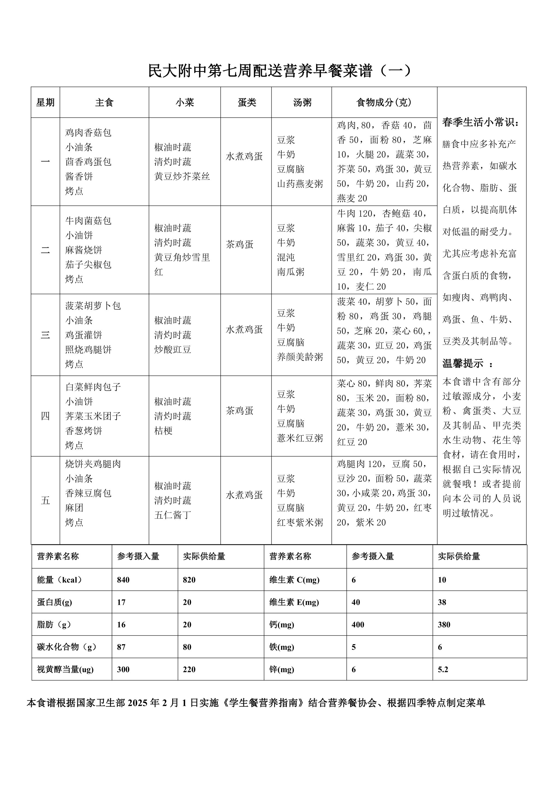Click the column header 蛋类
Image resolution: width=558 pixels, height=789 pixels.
(247, 102)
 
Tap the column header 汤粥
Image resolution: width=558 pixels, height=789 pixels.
(302, 102)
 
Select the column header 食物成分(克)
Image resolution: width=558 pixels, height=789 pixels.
(384, 102)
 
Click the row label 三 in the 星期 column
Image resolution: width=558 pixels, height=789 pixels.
(45, 335)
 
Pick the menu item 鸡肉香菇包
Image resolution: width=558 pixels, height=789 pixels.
(88, 133)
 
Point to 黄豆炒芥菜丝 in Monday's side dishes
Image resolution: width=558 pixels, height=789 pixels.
(182, 176)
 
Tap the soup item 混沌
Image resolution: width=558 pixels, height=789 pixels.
(286, 257)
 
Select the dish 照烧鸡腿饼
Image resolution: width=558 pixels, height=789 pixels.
(88, 350)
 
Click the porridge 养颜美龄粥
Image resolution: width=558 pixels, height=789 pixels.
(300, 357)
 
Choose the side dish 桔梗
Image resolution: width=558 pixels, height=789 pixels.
(163, 430)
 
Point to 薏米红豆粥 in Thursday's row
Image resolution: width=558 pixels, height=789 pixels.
(300, 438)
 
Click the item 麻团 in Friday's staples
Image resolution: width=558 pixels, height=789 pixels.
(74, 508)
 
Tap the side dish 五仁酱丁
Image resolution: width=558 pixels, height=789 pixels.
(172, 515)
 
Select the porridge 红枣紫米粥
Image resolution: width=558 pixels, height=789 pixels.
(300, 522)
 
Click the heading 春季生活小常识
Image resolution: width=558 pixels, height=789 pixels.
(481, 122)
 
